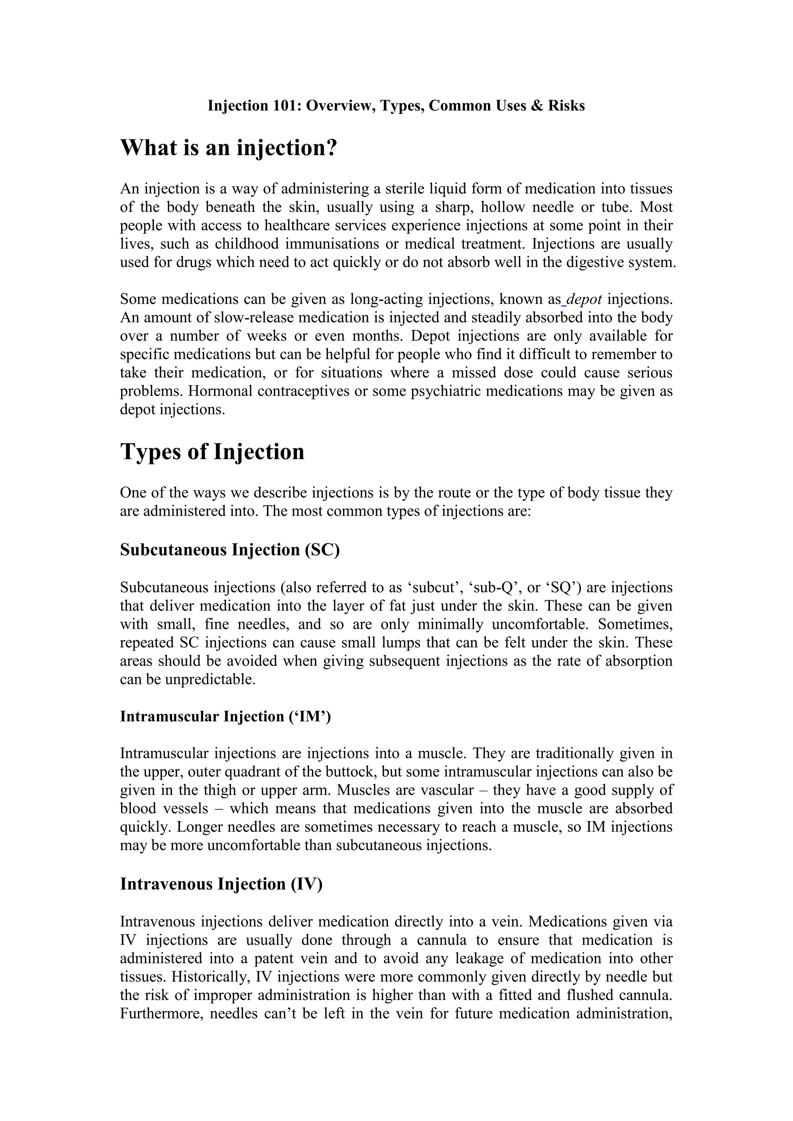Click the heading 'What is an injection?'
tap(228, 147)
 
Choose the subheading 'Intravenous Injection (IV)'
tap(221, 884)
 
